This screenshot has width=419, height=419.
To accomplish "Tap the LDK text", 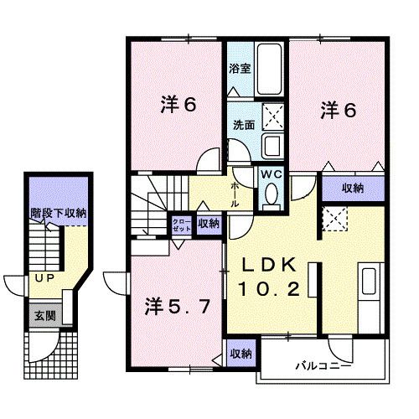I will tap(268, 264).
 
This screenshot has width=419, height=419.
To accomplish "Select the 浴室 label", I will tap(240, 69).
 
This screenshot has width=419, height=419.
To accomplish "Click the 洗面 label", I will tap(244, 125).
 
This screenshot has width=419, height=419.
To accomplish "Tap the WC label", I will tap(270, 173).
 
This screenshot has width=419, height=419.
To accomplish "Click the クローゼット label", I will tap(181, 224).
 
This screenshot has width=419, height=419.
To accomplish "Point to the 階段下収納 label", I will tap(58, 214).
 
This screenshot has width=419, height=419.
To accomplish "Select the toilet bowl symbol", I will tap(271, 194).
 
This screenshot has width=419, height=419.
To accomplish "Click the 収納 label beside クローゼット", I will tap(209, 224).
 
